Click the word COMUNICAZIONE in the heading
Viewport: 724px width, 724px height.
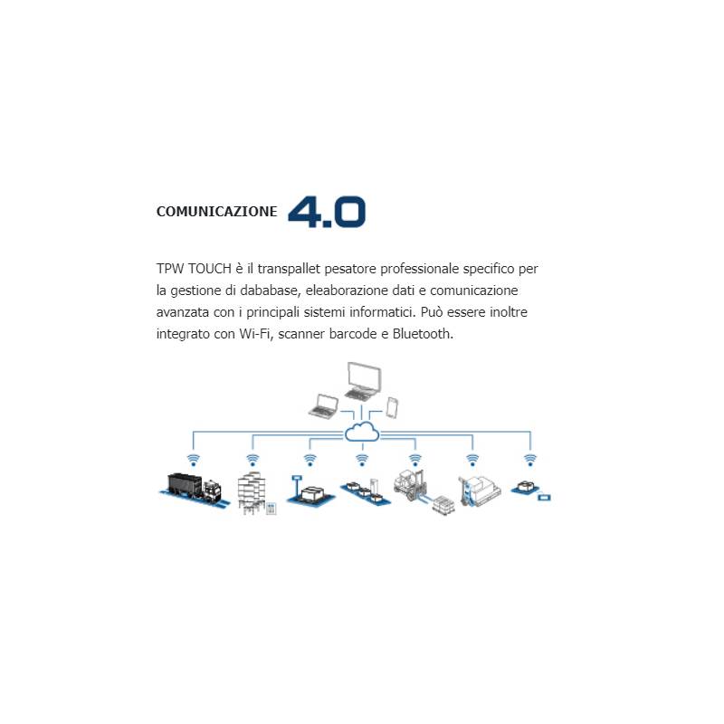[216, 212]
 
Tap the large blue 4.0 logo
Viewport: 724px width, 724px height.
[327, 212]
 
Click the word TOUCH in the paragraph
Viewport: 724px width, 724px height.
[210, 269]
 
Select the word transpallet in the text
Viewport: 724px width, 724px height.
[289, 269]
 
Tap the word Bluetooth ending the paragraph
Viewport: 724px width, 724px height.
[423, 334]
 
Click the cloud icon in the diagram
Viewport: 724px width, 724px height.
[362, 433]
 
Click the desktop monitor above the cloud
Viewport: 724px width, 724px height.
[364, 381]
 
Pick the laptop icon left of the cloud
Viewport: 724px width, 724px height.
[324, 406]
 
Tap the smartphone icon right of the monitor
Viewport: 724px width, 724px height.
[392, 408]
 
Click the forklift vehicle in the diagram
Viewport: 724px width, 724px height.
[411, 485]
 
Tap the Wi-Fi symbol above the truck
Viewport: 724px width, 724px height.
[193, 460]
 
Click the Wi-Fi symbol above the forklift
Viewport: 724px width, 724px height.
[415, 460]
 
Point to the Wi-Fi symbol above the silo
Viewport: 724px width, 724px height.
[252, 460]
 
